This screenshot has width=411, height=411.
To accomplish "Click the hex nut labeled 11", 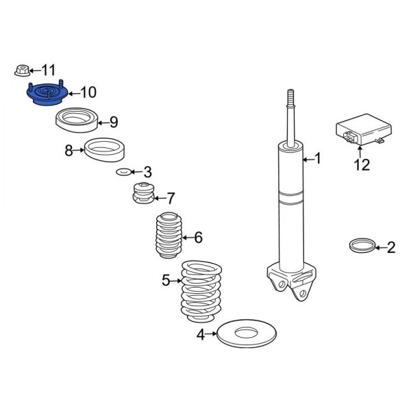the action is click(22, 71).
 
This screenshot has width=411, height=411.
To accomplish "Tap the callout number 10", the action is click(88, 92).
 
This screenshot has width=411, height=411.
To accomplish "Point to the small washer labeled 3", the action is click(123, 172).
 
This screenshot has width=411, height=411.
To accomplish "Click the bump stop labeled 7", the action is click(143, 193).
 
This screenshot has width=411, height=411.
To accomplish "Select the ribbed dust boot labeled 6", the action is click(169, 236).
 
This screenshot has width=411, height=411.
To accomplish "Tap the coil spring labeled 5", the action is click(201, 291).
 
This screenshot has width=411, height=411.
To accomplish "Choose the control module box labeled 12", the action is click(364, 129).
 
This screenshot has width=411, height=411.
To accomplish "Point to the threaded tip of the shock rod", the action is click(290, 97).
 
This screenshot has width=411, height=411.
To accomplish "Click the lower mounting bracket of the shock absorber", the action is click(292, 282).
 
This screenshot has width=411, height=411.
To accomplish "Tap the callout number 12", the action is click(362, 165).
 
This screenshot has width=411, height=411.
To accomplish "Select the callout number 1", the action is click(318, 159).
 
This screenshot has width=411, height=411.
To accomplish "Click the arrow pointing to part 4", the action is click(211, 334).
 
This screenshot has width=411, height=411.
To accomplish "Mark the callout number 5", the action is click(166, 280).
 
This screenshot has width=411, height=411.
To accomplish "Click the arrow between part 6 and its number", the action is click(188, 238).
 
